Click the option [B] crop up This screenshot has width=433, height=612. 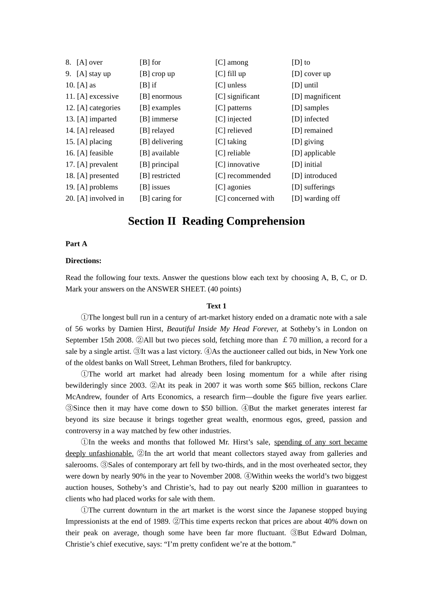pyautogui.click(x=157, y=74)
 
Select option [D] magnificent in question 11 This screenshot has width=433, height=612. pyautogui.click(x=316, y=97)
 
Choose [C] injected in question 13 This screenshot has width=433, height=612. pyautogui.click(x=233, y=119)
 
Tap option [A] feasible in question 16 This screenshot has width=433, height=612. pyautogui.click(x=95, y=153)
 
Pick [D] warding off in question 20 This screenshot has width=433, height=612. pyautogui.click(x=315, y=199)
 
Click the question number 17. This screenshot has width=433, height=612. pyautogui.click(x=70, y=165)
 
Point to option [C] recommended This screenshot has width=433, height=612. pyautogui.click(x=242, y=176)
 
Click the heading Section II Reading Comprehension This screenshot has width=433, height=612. pyautogui.click(x=216, y=221)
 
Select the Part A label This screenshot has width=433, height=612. pyautogui.click(x=76, y=244)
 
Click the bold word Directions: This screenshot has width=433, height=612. pyautogui.click(x=83, y=261)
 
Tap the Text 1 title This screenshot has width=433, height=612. pyautogui.click(x=216, y=306)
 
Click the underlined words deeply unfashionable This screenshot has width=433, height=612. pyautogui.click(x=99, y=454)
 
